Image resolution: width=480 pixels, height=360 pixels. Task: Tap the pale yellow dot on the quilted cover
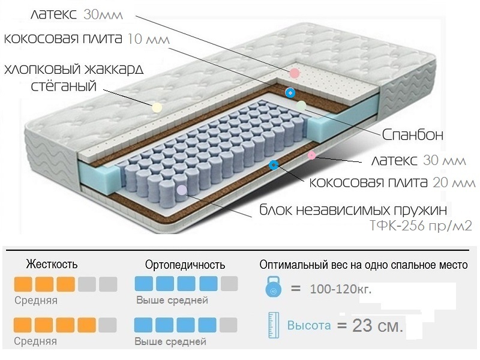pyautogui.click(x=157, y=108)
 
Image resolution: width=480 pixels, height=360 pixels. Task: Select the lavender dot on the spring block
pyautogui.click(x=182, y=190)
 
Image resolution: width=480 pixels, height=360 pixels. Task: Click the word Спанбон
pyautogui.click(x=413, y=135)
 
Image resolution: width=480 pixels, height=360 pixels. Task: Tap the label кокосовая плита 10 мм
pyautogui.click(x=86, y=39)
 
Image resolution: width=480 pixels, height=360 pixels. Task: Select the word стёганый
pyautogui.click(x=64, y=86)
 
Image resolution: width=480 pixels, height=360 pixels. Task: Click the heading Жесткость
pyautogui.click(x=52, y=264)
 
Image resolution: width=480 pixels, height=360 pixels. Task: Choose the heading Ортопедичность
pyautogui.click(x=185, y=265)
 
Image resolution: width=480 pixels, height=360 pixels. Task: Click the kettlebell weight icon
pyautogui.click(x=274, y=289)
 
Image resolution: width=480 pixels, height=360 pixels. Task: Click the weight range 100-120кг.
pyautogui.click(x=341, y=289)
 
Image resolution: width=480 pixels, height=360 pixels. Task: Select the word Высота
pyautogui.click(x=309, y=326)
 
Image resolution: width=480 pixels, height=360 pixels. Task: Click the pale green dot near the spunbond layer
pyautogui.click(x=301, y=106)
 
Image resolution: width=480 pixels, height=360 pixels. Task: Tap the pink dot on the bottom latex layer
pyautogui.click(x=311, y=156)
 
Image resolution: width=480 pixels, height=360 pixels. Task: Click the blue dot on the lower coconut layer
pyautogui.click(x=274, y=164)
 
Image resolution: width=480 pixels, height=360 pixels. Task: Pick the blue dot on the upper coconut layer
pyautogui.click(x=290, y=92)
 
